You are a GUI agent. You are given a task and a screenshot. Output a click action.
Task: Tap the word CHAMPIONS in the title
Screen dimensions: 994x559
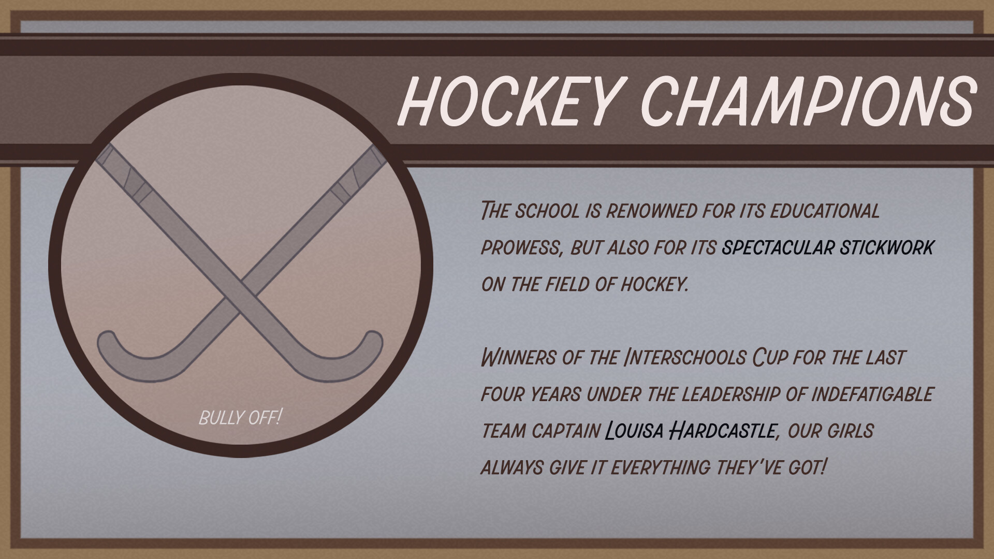click(809, 101)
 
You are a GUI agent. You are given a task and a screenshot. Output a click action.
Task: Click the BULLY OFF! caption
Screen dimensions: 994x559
click(240, 417)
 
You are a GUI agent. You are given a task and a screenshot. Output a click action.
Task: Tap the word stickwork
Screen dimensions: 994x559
click(887, 248)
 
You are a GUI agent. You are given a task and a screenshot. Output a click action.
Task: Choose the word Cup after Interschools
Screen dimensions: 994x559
click(769, 358)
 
